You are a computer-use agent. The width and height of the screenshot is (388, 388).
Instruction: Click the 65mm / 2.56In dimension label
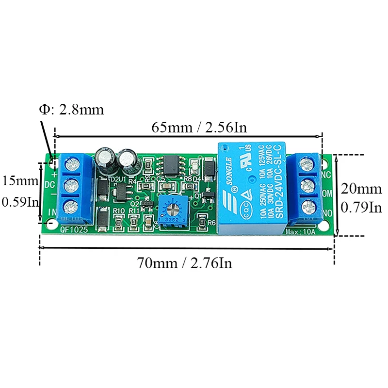(x=199, y=128)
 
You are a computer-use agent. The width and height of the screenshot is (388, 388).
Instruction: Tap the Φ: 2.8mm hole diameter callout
(x=71, y=109)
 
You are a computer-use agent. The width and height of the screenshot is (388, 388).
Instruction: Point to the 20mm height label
(x=361, y=188)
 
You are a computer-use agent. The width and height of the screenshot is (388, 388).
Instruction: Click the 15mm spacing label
(x=19, y=181)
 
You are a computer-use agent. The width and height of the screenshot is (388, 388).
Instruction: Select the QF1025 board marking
(x=74, y=231)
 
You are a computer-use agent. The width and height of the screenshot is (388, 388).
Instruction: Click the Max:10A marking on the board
(x=301, y=231)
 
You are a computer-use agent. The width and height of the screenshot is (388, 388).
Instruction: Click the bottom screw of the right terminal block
(x=307, y=209)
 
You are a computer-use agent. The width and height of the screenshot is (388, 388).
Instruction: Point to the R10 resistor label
(x=119, y=211)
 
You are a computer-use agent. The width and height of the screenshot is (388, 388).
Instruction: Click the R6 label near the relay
(x=211, y=223)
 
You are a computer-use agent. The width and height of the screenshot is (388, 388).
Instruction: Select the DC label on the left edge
(x=49, y=185)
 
